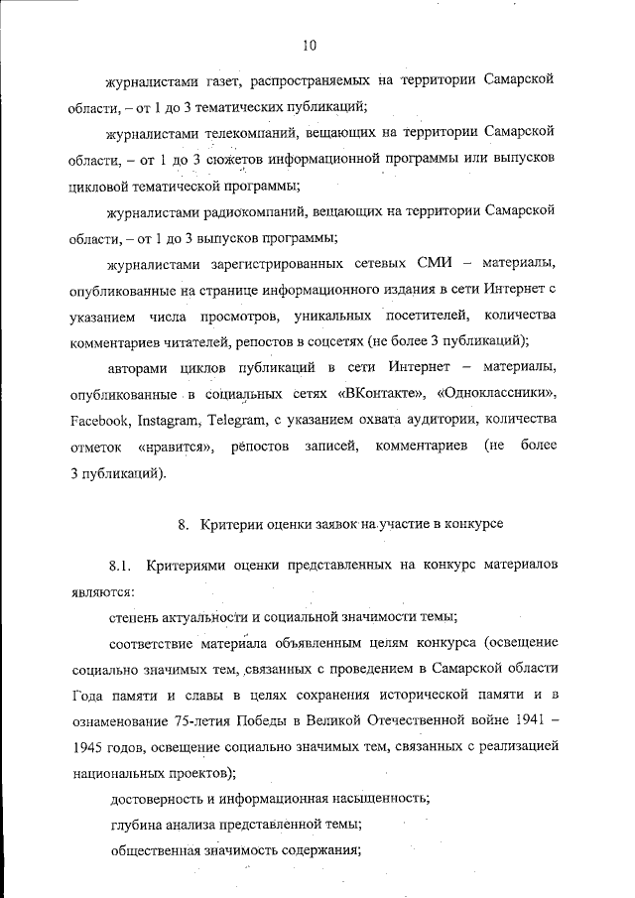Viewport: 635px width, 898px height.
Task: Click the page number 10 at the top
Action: click(310, 44)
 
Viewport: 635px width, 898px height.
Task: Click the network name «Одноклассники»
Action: click(504, 395)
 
